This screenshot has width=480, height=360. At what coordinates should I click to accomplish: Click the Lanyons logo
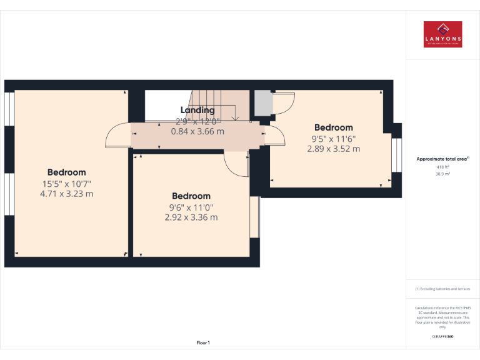442,34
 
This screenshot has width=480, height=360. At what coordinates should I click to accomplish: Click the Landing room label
197,111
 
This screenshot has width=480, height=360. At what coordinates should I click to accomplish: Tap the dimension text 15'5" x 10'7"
66,184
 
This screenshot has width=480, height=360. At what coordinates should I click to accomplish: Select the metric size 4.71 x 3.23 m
66,194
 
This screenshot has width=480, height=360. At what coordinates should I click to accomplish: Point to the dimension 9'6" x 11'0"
191,207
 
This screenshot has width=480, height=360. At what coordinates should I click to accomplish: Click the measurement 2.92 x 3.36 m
191,217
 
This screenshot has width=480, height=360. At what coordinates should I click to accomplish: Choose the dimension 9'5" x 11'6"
333,139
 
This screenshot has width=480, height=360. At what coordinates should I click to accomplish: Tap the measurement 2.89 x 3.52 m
333,149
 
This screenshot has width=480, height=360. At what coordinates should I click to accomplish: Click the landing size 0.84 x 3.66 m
197,132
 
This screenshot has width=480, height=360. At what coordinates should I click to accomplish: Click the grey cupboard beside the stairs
262,102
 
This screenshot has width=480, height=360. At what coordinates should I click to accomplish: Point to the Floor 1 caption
203,342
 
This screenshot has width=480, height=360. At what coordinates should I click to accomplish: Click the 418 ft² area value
442,167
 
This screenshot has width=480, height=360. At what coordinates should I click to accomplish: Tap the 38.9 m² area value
442,174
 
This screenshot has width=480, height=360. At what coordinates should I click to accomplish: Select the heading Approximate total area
442,159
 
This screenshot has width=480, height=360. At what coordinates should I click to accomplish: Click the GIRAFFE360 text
442,337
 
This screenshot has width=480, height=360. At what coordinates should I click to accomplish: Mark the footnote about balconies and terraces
442,289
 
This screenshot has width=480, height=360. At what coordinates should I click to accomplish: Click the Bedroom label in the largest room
66,172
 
